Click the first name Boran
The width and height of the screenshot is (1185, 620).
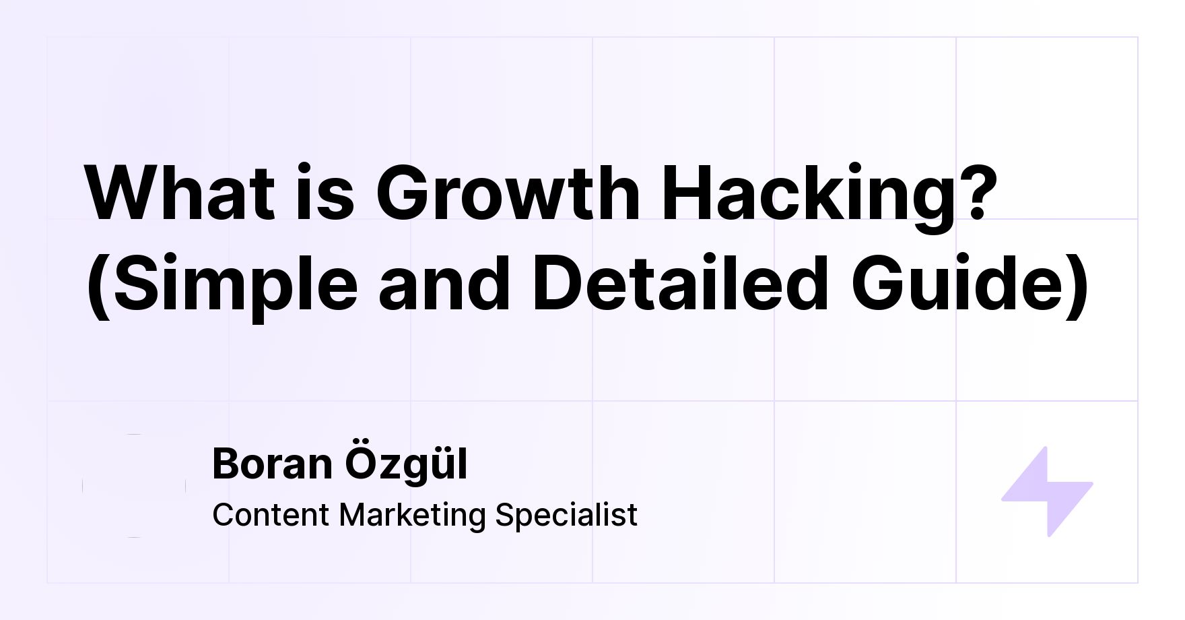click(273, 464)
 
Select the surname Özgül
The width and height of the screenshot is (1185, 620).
click(407, 465)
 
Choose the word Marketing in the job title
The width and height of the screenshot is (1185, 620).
click(413, 516)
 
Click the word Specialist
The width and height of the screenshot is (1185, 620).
click(566, 516)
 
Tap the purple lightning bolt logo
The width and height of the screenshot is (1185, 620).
click(1047, 491)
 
